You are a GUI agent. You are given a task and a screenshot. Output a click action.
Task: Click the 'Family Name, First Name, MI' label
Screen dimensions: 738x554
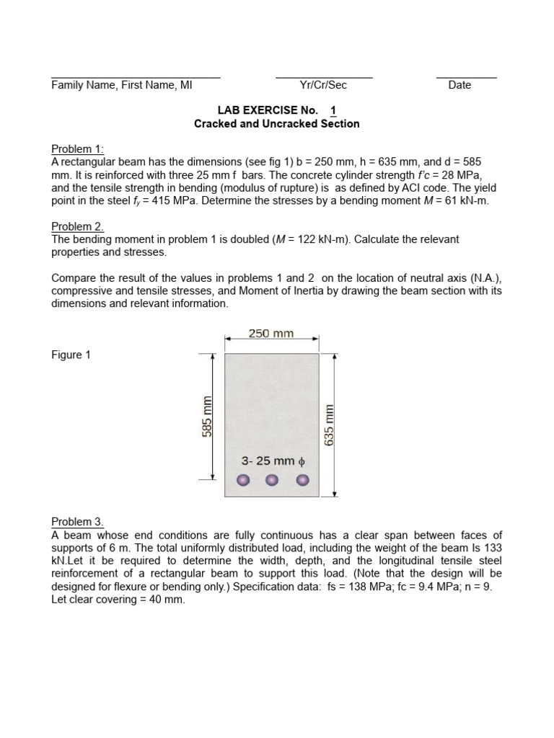[121, 85]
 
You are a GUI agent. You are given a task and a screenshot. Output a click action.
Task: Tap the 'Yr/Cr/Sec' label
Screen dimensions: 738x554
[323, 85]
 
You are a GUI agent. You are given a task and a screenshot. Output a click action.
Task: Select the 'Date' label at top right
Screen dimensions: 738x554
[460, 85]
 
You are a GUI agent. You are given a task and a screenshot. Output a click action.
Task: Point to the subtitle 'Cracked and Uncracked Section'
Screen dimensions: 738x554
[277, 123]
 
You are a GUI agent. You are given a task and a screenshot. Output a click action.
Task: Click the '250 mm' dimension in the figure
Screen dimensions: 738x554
[271, 334]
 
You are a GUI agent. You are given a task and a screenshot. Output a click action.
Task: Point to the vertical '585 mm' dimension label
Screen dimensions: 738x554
[207, 417]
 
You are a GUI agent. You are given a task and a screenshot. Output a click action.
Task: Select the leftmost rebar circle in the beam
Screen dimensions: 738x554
[243, 481]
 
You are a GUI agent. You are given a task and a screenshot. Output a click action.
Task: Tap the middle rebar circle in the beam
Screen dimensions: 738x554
[273, 481]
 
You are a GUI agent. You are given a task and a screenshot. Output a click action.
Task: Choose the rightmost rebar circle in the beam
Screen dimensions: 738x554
[302, 481]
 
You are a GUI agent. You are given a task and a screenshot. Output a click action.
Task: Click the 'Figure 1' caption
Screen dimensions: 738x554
[71, 355]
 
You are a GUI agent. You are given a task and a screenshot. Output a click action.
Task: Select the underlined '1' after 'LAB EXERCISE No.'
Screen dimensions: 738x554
[333, 110]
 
